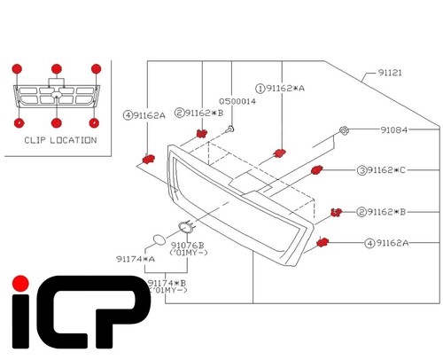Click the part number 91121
point(390,73)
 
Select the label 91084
point(394,130)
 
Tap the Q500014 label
point(237,101)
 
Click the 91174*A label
point(136,259)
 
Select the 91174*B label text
point(167,283)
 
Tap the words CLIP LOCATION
point(60,140)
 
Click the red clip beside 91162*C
point(317,169)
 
